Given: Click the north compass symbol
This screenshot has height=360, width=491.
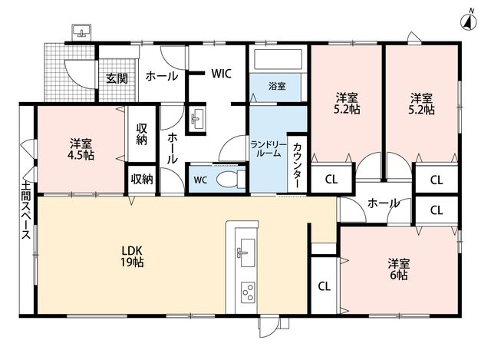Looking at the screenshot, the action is pyautogui.click(x=469, y=21).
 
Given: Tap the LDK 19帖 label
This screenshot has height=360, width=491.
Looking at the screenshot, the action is pyautogui.click(x=132, y=256).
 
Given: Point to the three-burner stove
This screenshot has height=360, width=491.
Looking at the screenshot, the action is pyautogui.click(x=248, y=292).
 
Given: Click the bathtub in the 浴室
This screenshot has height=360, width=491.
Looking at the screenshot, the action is pyautogui.click(x=278, y=59).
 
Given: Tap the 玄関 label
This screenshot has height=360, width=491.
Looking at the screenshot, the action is pyautogui.click(x=117, y=78).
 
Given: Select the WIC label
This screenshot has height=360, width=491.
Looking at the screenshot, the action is pyautogui.click(x=222, y=74).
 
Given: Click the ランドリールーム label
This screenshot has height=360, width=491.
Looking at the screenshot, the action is pyautogui.click(x=269, y=149).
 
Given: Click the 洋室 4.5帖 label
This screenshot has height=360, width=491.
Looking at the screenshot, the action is pyautogui.click(x=81, y=150).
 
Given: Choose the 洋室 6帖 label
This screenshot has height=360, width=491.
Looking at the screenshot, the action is pyautogui.click(x=399, y=269).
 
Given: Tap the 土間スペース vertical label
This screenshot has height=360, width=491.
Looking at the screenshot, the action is pyautogui.click(x=26, y=210).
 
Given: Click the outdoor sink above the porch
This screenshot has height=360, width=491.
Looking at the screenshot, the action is pyautogui.click(x=82, y=32).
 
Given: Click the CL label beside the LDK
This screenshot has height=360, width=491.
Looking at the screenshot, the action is pyautogui.click(x=324, y=286).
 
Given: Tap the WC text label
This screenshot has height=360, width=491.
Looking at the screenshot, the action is pyautogui.click(x=200, y=180).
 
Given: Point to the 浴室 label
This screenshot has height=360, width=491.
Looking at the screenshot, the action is pyautogui.click(x=277, y=86).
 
